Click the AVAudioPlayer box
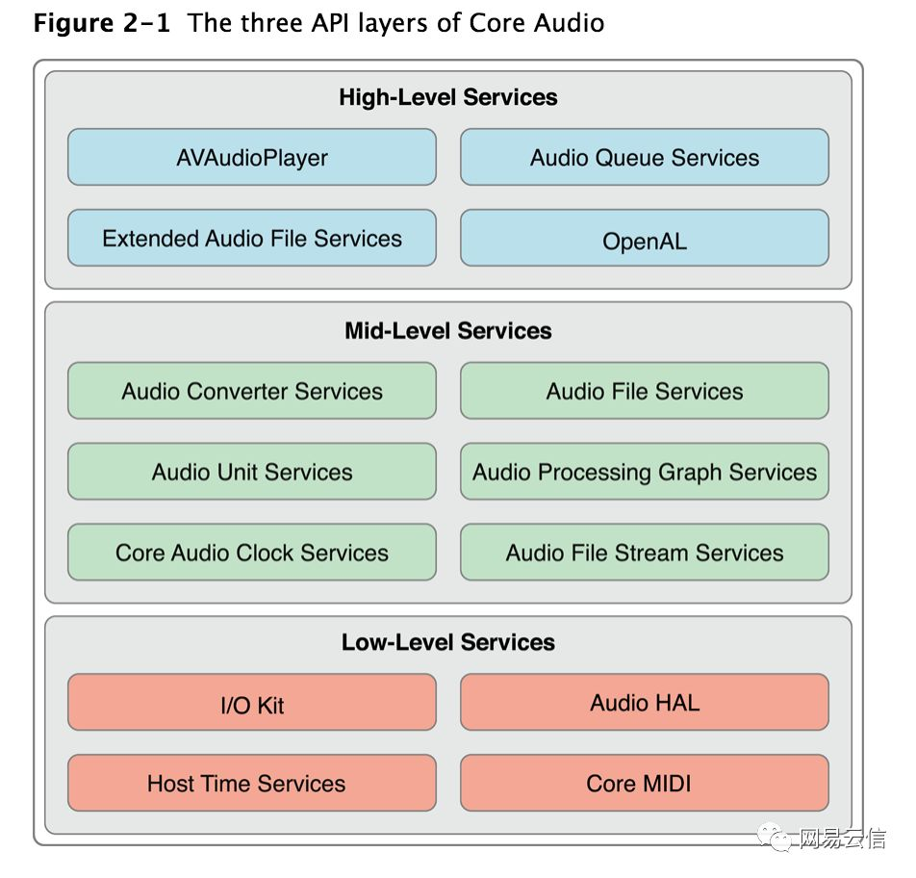(252, 157)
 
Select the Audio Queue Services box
(645, 157)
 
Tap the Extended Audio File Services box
(252, 238)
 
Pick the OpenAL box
(645, 238)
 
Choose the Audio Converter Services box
(252, 391)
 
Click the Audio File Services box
(645, 391)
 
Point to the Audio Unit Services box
(252, 471)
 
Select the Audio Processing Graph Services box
(645, 471)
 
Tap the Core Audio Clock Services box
(252, 552)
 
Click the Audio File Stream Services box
(645, 552)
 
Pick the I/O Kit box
(252, 702)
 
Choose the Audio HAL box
(645, 702)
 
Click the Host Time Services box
(252, 783)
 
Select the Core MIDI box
(645, 783)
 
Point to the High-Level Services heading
(448, 97)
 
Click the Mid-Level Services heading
(448, 331)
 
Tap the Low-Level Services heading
(448, 642)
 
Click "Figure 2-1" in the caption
(102, 23)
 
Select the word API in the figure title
(330, 23)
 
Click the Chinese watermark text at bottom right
(842, 839)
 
